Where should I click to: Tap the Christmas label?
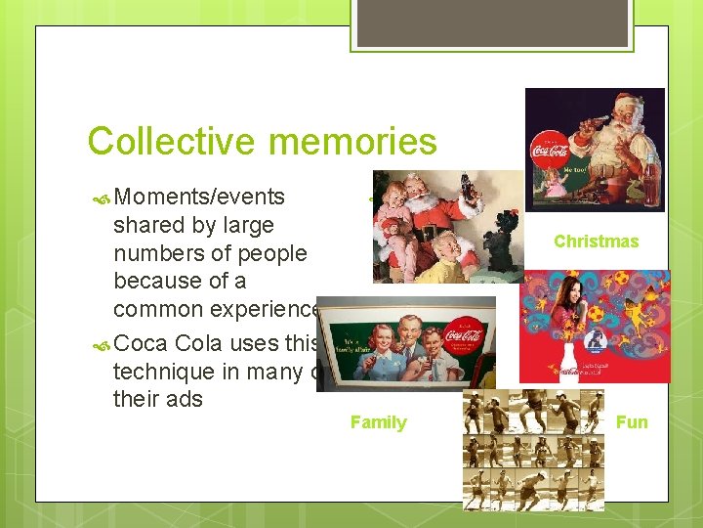[596, 242]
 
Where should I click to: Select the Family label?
[378, 422]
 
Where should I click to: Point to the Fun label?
[632, 422]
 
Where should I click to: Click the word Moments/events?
[199, 197]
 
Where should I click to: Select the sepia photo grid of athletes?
[533, 450]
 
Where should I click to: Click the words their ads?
[157, 398]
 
